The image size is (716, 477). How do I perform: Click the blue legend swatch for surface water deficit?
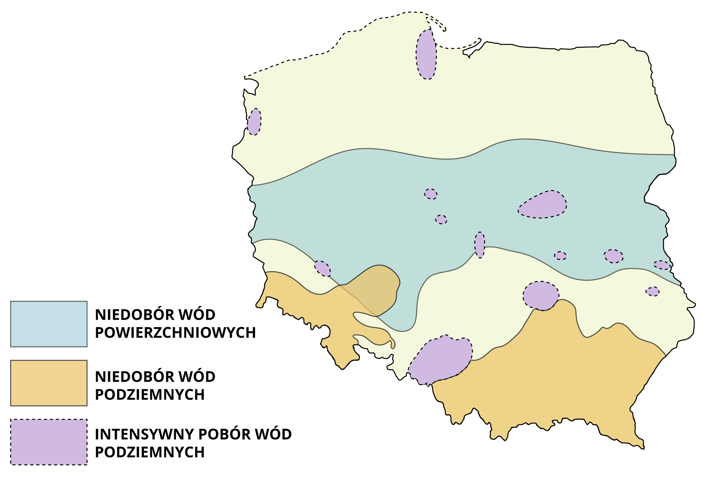point(48,324)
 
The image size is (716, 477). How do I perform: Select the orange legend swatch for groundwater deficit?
point(48,383)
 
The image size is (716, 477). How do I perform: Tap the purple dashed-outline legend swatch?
point(48,442)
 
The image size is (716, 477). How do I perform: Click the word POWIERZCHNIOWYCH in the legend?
point(175,333)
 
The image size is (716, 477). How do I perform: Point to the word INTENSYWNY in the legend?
point(144,435)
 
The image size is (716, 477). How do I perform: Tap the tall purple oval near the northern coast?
point(426,54)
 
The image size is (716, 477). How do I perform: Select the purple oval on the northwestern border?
point(254,122)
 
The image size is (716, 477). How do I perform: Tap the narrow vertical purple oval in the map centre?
point(480,245)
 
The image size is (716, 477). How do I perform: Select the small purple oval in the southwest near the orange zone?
point(322,268)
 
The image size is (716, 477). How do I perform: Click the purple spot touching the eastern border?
point(662,265)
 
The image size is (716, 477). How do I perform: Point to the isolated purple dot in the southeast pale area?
point(652,291)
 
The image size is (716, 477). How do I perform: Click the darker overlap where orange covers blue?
point(373,291)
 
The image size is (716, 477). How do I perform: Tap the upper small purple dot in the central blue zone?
point(431,194)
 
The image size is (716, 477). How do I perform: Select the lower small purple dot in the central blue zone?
point(441,219)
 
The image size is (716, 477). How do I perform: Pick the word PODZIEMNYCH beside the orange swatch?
point(150,395)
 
